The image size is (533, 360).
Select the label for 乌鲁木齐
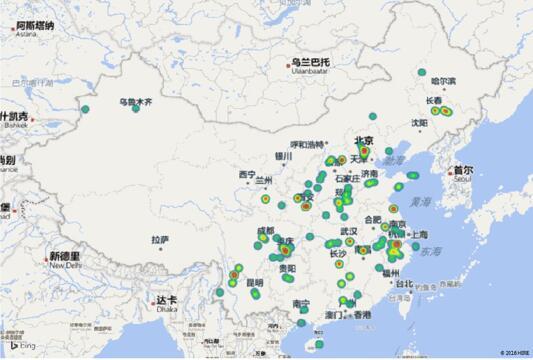point(136,100)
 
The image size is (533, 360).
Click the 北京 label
point(363,140)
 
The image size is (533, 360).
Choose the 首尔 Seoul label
point(462,172)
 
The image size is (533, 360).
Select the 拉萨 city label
point(160,240)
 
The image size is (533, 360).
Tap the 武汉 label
point(349,231)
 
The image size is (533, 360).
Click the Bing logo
point(26,345)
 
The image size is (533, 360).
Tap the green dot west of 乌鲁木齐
point(86,108)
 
